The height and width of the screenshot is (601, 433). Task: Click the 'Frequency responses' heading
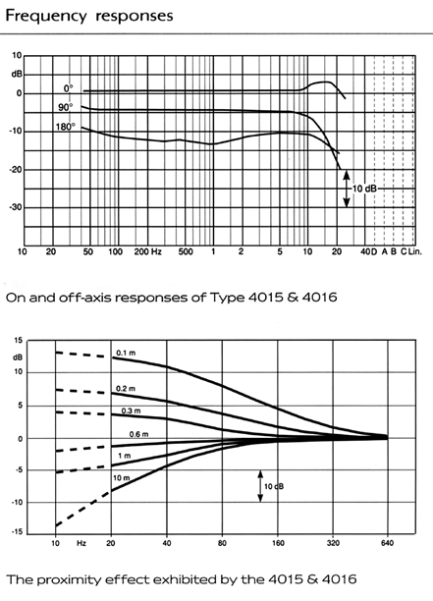click(x=89, y=17)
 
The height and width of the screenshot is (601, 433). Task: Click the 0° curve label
click(x=68, y=88)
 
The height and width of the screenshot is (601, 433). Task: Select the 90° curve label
click(x=65, y=107)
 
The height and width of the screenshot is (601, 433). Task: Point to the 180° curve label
click(x=66, y=127)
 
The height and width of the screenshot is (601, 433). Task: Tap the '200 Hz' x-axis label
click(x=147, y=251)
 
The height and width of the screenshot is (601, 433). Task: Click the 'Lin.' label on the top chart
click(x=415, y=251)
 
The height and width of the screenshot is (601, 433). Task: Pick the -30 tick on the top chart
click(x=16, y=207)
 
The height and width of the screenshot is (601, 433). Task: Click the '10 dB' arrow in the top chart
click(x=347, y=189)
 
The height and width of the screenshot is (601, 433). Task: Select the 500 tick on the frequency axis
click(x=186, y=251)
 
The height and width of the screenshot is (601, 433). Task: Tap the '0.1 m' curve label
click(x=126, y=353)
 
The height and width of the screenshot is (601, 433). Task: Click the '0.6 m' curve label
click(x=138, y=434)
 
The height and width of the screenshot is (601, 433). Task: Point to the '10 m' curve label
click(x=122, y=478)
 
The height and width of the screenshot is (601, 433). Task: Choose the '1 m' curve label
click(x=124, y=456)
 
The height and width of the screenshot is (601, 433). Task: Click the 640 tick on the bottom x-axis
click(x=388, y=543)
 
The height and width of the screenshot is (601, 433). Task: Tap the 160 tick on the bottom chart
click(x=278, y=543)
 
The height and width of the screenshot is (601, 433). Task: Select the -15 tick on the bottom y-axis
click(x=18, y=532)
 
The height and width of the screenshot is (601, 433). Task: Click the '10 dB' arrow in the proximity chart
click(x=260, y=486)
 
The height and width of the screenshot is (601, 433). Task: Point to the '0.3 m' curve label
click(x=131, y=410)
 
